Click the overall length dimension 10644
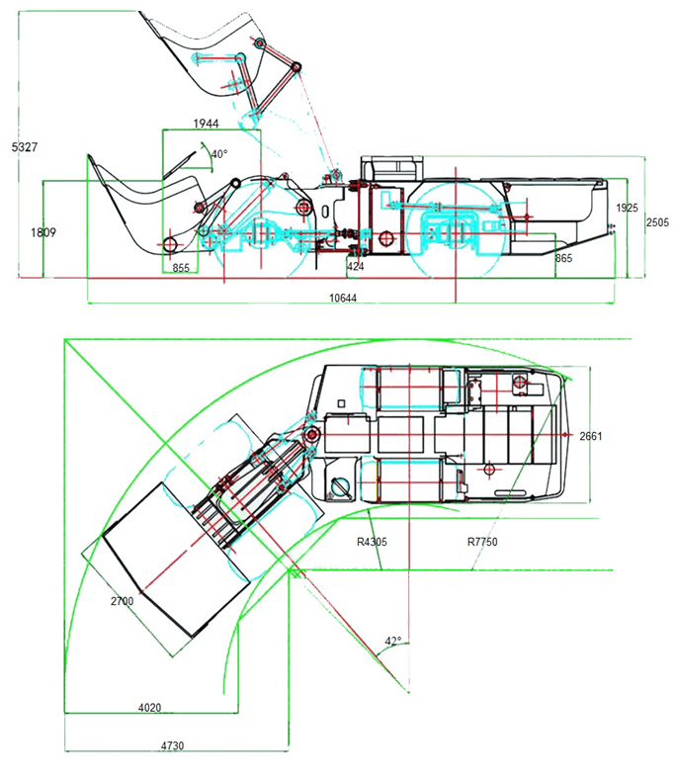point(343,298)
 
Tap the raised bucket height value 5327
point(25,147)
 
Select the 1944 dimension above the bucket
point(206,123)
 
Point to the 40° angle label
point(219,154)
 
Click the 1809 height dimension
point(43,232)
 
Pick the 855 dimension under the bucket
point(181,268)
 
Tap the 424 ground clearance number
point(356,267)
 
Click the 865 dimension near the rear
point(563,258)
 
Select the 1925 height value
point(627,208)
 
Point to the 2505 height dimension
point(657,222)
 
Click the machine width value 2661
point(591,436)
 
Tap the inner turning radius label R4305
point(372,542)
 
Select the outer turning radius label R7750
point(482,542)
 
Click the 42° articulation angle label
point(393,641)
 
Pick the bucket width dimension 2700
point(122,601)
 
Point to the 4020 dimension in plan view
point(149,707)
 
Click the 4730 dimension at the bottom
point(172,745)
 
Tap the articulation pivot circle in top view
point(312,434)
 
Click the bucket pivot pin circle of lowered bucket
point(170,244)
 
